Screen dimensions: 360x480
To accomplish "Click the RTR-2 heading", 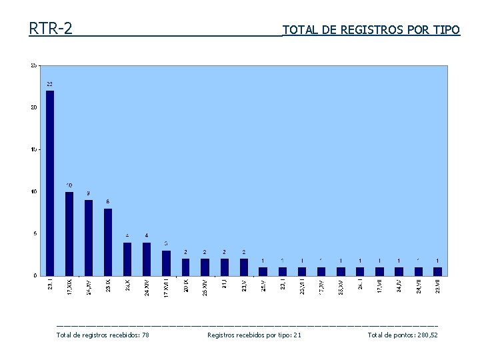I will [x=51, y=29].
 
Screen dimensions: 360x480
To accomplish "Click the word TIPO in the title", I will [x=446, y=30].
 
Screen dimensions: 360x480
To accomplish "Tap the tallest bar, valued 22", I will [x=50, y=183].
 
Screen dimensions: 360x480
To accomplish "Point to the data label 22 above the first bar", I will [x=50, y=84].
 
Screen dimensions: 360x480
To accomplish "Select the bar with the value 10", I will [x=69, y=233].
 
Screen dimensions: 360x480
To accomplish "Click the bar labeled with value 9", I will [x=89, y=237].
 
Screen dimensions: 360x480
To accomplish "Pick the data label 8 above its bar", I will [x=108, y=201].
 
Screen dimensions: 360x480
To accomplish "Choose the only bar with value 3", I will [x=166, y=263].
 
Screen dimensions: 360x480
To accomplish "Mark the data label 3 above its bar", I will [x=166, y=243].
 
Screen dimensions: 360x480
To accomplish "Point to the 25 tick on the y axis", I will [x=33, y=65].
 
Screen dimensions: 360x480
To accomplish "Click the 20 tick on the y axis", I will [x=33, y=107].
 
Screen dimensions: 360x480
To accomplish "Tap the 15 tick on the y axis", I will [x=33, y=149].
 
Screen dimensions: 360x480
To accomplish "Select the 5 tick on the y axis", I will [x=35, y=233].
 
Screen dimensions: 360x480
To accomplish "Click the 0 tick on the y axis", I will [x=35, y=275].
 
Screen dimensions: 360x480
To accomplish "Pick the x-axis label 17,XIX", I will [x=70, y=288].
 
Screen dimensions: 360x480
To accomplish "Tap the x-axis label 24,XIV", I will [x=147, y=288].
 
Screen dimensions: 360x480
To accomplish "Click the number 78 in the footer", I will [x=145, y=335].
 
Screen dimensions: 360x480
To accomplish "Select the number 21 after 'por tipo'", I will [x=297, y=335].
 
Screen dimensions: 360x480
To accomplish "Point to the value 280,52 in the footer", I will [x=425, y=335].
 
